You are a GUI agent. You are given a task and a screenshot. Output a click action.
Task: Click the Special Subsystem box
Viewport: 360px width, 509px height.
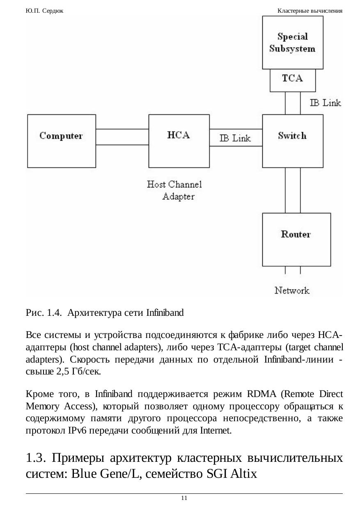click(x=292, y=42)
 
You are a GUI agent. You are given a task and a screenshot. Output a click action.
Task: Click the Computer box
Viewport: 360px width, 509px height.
click(x=61, y=135)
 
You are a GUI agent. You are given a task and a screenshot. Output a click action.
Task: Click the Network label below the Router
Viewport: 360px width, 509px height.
click(x=292, y=291)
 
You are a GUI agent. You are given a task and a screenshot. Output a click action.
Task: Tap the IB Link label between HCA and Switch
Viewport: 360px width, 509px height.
click(x=235, y=138)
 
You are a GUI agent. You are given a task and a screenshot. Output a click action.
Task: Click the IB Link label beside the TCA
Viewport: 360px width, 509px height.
click(x=325, y=103)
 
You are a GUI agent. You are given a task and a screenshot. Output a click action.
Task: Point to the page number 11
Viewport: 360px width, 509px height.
click(x=184, y=498)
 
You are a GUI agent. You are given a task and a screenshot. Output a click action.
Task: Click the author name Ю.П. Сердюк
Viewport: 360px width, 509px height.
click(x=44, y=11)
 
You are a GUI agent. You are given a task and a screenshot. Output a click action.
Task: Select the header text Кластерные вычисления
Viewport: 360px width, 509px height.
click(x=310, y=11)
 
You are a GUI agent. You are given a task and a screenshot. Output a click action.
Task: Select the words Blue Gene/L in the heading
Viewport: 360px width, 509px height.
click(x=105, y=474)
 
